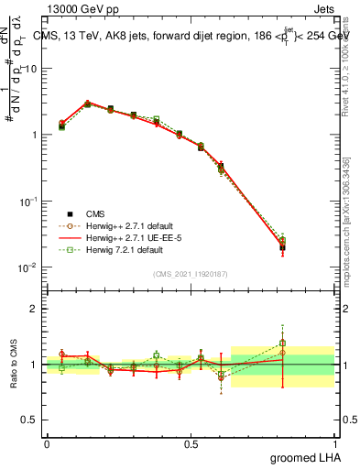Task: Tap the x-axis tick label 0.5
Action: (191, 444)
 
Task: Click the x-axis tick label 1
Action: (335, 444)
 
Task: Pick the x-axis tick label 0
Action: (47, 444)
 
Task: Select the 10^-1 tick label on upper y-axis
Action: (29, 202)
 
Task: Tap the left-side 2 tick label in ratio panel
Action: (37, 309)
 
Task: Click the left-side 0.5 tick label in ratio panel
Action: (33, 420)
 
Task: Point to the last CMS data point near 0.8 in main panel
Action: (282, 246)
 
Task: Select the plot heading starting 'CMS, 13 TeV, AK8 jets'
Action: (192, 36)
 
